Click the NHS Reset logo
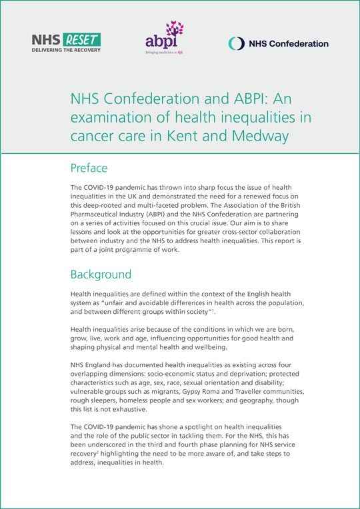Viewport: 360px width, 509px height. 66,43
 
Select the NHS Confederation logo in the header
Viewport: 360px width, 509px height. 278,43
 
